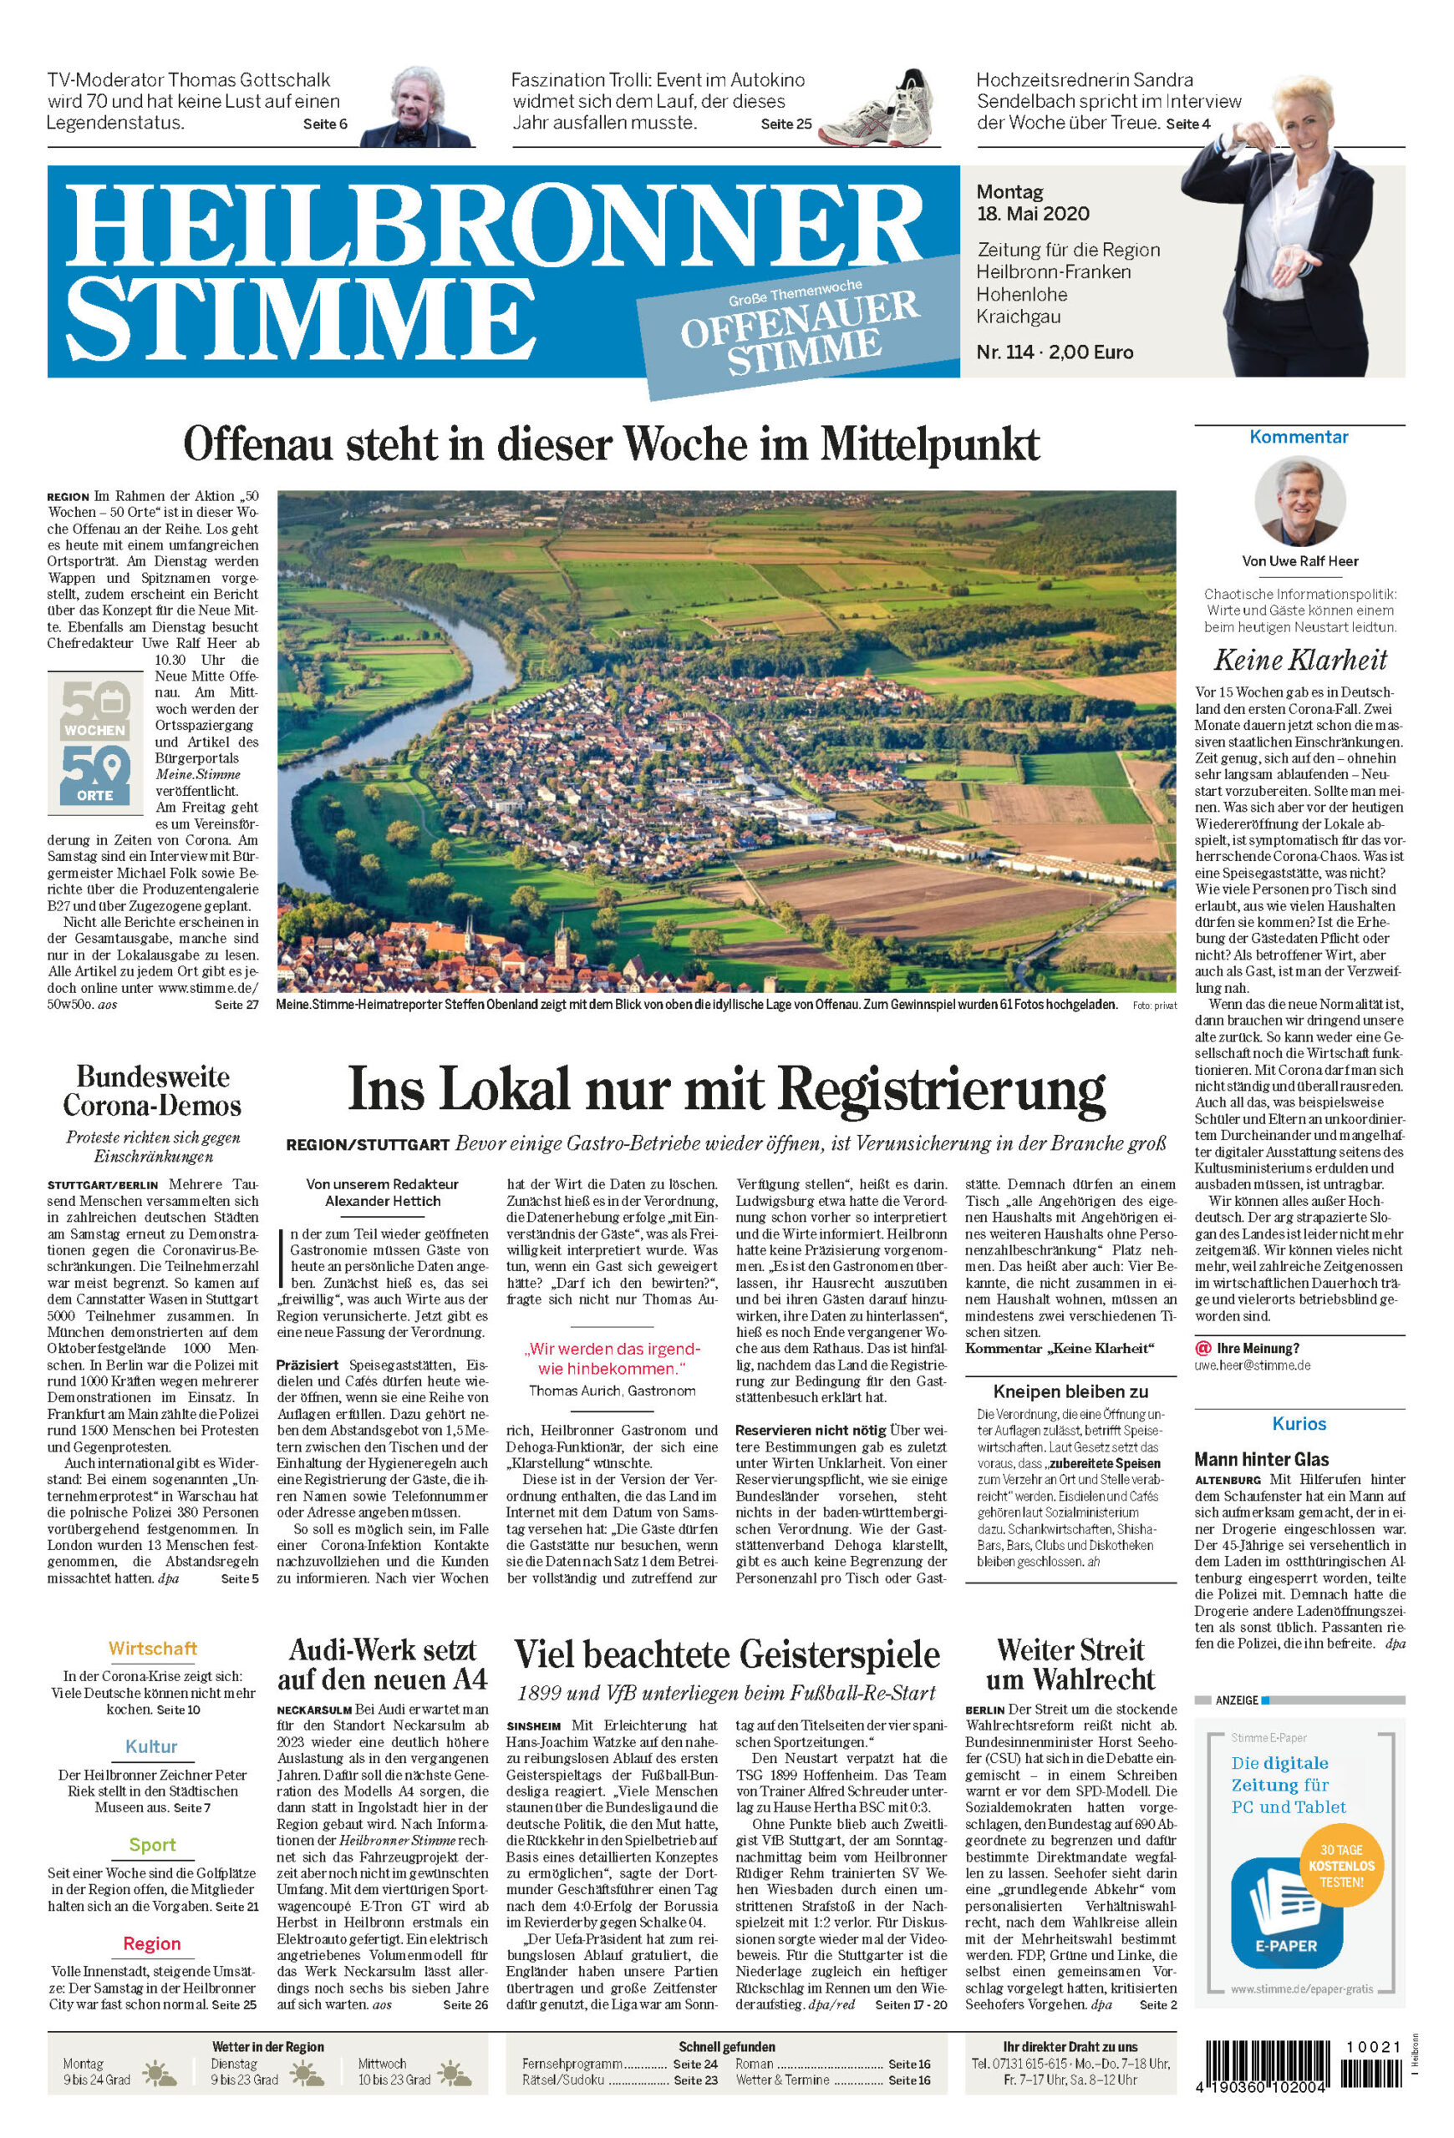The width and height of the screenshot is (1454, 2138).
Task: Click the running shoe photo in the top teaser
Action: [x=879, y=109]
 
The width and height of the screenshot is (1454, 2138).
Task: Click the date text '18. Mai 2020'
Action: [x=1033, y=215]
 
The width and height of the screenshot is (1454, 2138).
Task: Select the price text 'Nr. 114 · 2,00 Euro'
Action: [x=1055, y=352]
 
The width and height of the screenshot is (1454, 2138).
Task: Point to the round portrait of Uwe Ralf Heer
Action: [x=1299, y=501]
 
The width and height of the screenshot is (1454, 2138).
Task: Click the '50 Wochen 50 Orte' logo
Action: [x=94, y=742]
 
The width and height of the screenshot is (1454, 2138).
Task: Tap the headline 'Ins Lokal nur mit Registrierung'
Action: [x=726, y=1089]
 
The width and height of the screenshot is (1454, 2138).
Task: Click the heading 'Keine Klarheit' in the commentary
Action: [x=1299, y=660]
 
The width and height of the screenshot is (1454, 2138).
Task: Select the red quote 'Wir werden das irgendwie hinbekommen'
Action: [x=612, y=1358]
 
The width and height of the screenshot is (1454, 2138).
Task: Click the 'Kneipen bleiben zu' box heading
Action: [x=1070, y=1391]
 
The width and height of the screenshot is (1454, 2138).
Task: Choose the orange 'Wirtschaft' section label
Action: [x=152, y=1648]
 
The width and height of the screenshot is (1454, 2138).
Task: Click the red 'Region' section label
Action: [x=152, y=1943]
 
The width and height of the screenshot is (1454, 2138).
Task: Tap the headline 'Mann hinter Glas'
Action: [x=1261, y=1459]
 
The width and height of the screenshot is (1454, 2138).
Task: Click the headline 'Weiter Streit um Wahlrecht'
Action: [x=1070, y=1664]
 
